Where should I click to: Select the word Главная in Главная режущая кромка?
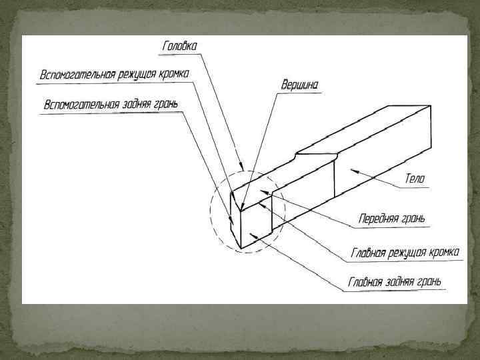point(371,253)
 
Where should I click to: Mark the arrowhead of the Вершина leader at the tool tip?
point(243,208)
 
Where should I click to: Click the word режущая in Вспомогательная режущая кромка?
point(142,73)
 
